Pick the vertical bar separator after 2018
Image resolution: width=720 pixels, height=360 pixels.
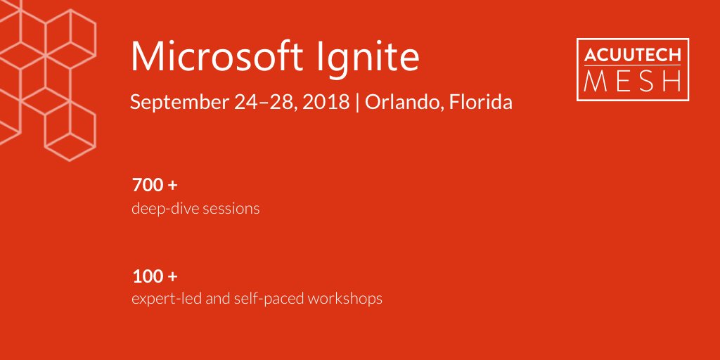(358, 103)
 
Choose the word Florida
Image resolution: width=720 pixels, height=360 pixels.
(480, 103)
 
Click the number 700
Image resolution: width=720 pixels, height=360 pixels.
(146, 186)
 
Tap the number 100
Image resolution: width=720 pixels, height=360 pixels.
(146, 276)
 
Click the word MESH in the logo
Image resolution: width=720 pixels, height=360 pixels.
(632, 80)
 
